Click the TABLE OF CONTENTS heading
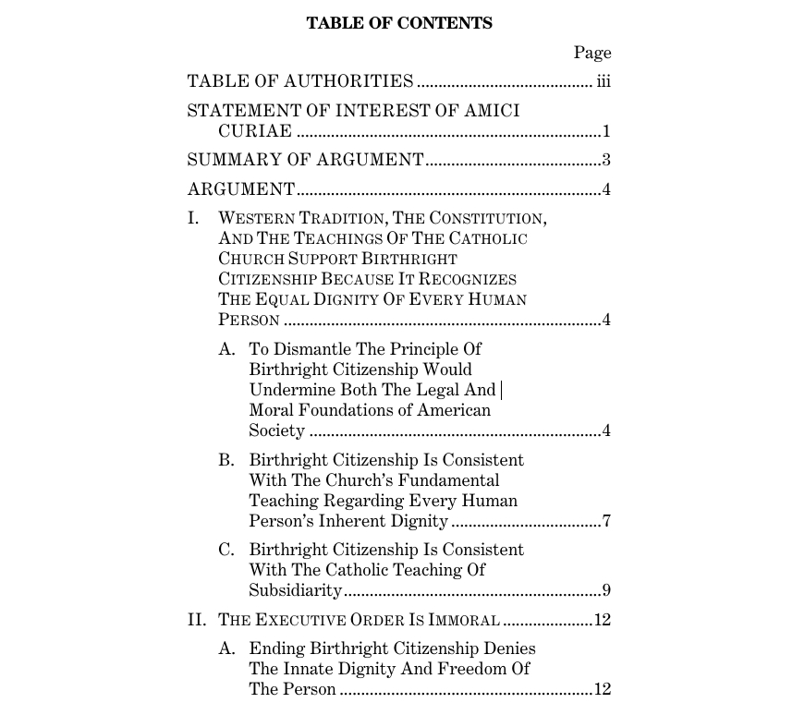(x=399, y=24)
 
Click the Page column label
(x=592, y=53)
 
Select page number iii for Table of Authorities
(x=604, y=81)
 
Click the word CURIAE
(x=255, y=131)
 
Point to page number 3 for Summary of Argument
(x=606, y=161)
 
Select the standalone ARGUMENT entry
(x=241, y=190)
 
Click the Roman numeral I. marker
(x=194, y=219)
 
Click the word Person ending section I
(x=249, y=321)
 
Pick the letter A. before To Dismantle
(x=226, y=349)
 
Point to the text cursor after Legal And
(x=501, y=390)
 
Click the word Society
(x=276, y=430)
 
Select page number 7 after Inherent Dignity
(x=606, y=521)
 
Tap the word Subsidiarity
(x=295, y=590)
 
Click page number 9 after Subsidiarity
(x=606, y=590)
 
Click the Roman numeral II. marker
(x=197, y=620)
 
